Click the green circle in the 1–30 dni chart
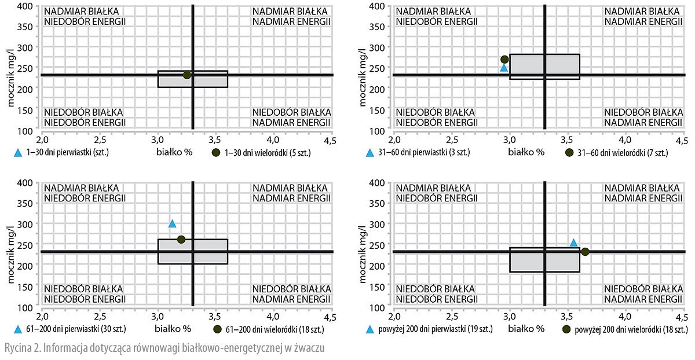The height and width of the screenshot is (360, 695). click(x=187, y=75)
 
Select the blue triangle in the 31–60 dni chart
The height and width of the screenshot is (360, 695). click(x=504, y=68)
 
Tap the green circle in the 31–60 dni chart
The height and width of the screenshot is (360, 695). click(x=504, y=59)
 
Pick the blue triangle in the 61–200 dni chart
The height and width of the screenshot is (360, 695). click(x=172, y=224)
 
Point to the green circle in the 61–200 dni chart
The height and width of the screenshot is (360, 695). click(x=181, y=239)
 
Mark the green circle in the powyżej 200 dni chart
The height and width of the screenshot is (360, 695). click(x=585, y=251)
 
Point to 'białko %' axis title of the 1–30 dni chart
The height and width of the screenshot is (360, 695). click(x=172, y=152)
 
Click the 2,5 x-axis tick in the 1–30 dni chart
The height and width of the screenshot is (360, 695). click(x=100, y=141)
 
